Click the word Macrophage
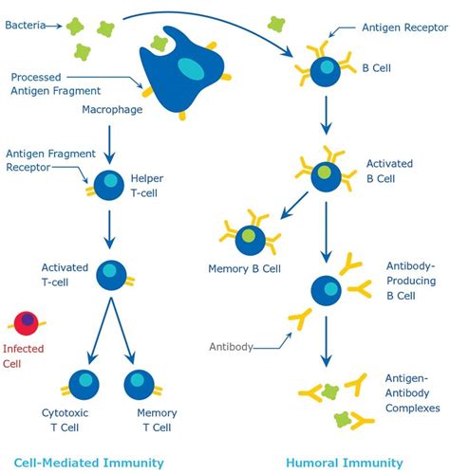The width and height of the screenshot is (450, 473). [113, 112]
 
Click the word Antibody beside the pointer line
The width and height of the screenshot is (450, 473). [231, 347]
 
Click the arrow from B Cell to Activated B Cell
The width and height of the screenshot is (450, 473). [326, 117]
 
